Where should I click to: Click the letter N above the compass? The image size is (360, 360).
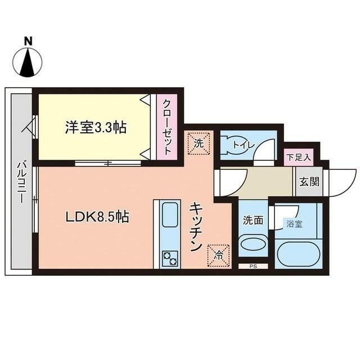coord(27,41)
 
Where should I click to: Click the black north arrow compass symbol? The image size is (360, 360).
coord(27,62)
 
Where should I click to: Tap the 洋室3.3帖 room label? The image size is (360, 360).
coord(94,127)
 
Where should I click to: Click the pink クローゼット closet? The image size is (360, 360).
coord(167,127)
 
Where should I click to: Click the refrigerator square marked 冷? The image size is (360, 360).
coord(220,254)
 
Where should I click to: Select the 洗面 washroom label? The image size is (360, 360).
coord(253,220)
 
